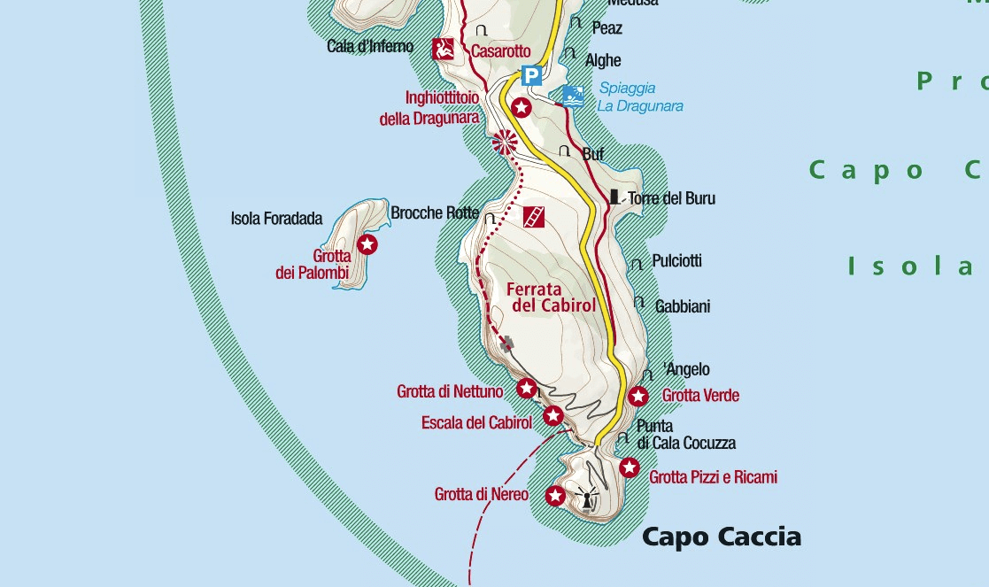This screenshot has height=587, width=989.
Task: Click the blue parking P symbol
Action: coord(530,76)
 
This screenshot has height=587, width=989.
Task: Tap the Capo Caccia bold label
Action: coord(721,537)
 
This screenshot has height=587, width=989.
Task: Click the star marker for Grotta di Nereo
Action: coord(555,496)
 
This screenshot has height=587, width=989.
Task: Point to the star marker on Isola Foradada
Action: coord(367,243)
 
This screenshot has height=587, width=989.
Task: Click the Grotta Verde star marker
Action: coord(638,396)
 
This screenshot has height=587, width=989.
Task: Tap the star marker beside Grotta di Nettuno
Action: coord(527,388)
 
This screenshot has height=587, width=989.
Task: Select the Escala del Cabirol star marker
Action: coord(553,415)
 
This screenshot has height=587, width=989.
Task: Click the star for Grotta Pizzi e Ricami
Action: coord(630,467)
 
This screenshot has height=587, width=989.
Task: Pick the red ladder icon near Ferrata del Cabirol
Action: coord(533,217)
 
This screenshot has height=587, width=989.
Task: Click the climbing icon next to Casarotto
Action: coord(444,50)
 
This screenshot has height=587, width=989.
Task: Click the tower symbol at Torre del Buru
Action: coord(614,197)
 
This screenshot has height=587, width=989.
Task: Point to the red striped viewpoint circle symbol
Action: coord(505,142)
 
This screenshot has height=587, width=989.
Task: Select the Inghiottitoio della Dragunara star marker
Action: coord(522,108)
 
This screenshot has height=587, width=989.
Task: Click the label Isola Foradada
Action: coord(276,219)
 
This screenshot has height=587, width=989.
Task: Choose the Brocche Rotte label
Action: coord(434,213)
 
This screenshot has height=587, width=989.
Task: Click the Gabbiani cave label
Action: coord(682,306)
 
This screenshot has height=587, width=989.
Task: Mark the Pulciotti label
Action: coord(676,261)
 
